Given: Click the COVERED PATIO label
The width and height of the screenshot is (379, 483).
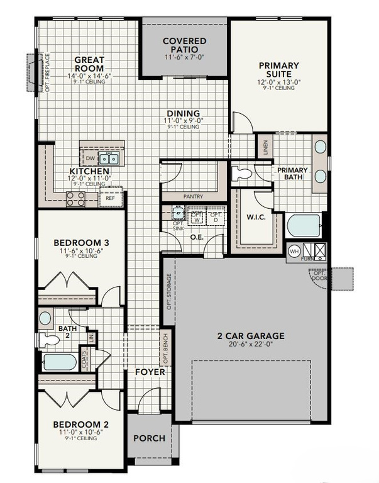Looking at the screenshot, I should coord(184,45).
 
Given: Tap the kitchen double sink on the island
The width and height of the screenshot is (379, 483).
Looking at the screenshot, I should coord(109,158).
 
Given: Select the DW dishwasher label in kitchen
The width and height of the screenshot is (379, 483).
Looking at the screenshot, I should coord(90,158).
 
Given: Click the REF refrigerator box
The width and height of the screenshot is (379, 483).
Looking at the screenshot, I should coord(110,198).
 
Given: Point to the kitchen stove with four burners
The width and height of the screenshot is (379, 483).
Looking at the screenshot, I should coord(76,198).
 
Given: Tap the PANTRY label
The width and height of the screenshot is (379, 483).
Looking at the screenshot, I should coord(193,196).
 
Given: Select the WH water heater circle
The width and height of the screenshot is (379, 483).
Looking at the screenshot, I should coord(294,252).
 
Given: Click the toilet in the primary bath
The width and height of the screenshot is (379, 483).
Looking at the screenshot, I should coord(242,173).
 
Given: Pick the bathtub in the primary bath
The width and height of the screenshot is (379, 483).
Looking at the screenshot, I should coord(302,225).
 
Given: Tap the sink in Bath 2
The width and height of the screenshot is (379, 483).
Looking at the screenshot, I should coord(45,318).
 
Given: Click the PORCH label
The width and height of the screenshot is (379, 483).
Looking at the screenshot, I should coord(150,438).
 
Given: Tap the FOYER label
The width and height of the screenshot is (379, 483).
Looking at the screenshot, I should coord(150,372).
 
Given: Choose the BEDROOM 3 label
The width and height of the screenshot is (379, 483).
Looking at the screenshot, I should coord(81,243).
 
